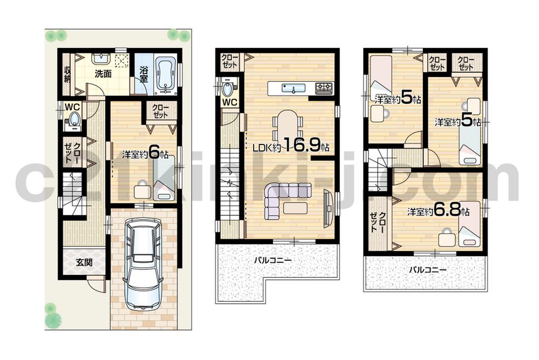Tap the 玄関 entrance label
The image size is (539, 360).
[83, 263]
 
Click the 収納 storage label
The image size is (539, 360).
[67, 74]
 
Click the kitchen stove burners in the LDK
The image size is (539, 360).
[324, 87]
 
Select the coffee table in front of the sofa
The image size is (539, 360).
[296, 208]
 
